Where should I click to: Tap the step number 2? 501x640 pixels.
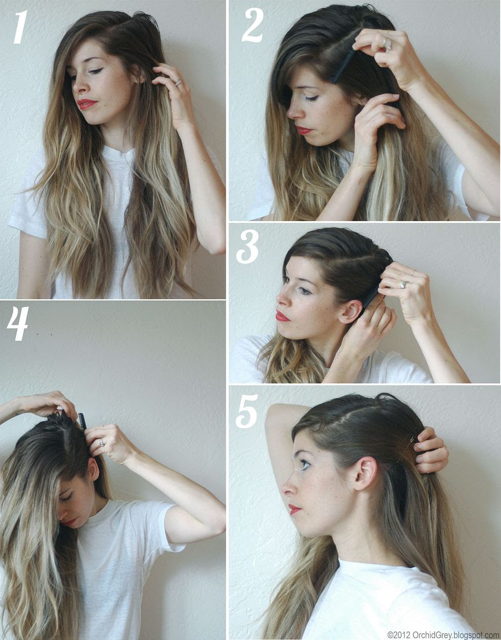pos(253,25)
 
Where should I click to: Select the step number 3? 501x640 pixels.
pos(247,247)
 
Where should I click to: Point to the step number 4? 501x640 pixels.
pos(18,324)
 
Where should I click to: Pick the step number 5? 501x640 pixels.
pos(247,411)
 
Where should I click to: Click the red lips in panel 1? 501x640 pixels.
pos(87,104)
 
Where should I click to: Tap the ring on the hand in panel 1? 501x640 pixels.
pos(178,82)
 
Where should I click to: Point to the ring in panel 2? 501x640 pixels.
pos(387,44)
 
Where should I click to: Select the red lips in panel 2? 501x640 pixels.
pos(304,130)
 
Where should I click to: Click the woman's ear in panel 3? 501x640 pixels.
pos(350,312)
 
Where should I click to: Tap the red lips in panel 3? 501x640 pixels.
pos(281,316)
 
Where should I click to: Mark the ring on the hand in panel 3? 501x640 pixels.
pos(403,284)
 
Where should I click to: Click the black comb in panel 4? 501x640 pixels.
pos(82,421)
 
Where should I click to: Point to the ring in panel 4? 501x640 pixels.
pos(101,443)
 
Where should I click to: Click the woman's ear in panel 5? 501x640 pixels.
pos(365,473)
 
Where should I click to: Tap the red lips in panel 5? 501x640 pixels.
pos(294,510)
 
